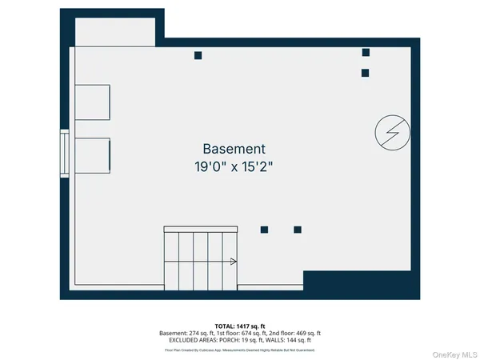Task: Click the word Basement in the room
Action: point(234,149)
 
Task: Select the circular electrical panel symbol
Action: point(393,132)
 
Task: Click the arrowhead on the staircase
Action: point(234,261)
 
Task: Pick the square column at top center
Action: point(198,55)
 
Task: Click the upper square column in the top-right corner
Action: point(366,52)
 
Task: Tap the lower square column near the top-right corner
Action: point(365,73)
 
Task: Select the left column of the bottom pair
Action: point(264,230)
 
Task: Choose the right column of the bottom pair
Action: point(298,230)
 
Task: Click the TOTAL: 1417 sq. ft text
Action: point(240,326)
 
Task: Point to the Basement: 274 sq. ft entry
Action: point(186,334)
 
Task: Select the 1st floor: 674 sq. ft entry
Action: point(239,334)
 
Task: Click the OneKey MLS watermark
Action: point(454,353)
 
